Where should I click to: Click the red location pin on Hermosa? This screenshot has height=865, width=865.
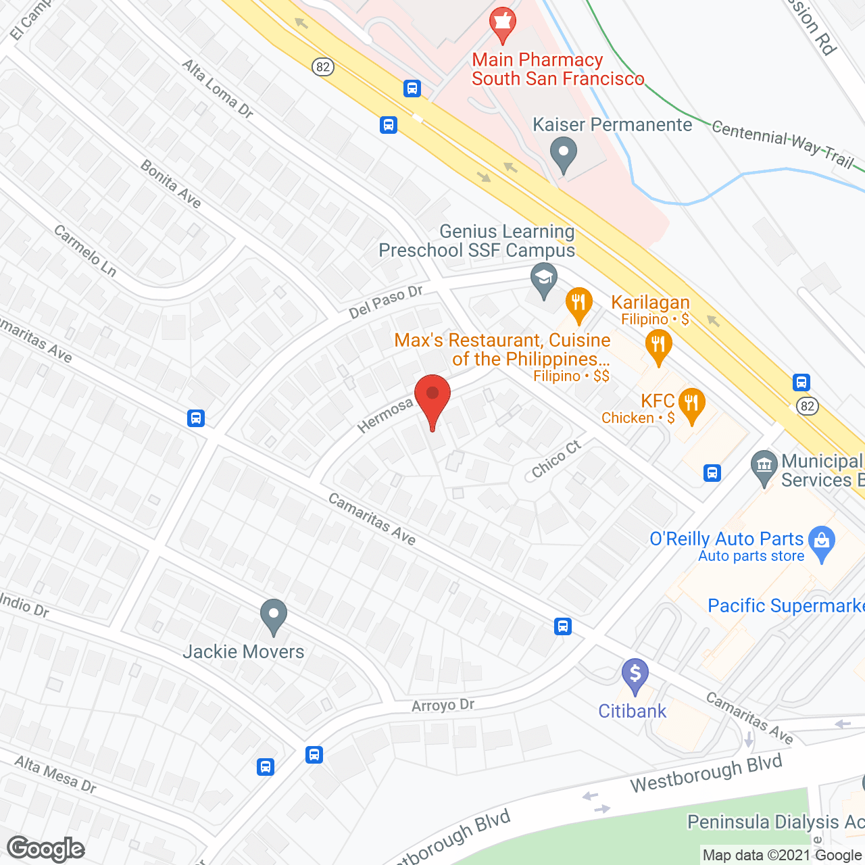[432, 396]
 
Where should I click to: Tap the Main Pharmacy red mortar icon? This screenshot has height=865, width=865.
[502, 25]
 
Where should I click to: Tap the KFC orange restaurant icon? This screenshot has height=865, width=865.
[691, 405]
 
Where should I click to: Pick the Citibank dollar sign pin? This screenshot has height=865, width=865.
[635, 674]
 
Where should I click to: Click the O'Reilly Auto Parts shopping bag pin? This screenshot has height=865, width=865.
[822, 542]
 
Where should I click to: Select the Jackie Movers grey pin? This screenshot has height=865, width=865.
[273, 616]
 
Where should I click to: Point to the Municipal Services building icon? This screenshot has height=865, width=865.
[764, 466]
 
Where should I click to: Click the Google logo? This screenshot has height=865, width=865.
[46, 849]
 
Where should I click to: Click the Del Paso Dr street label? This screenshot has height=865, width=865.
[385, 301]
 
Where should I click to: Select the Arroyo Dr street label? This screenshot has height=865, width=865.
[443, 705]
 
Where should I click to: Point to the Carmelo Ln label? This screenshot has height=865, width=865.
[85, 251]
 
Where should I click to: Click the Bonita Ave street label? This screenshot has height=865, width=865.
[171, 184]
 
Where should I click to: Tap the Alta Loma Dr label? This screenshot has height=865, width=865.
[218, 89]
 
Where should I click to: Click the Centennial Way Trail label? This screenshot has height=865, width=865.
[783, 144]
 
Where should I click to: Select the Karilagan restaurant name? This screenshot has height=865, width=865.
[650, 302]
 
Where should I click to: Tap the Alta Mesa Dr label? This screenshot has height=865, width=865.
[55, 774]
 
